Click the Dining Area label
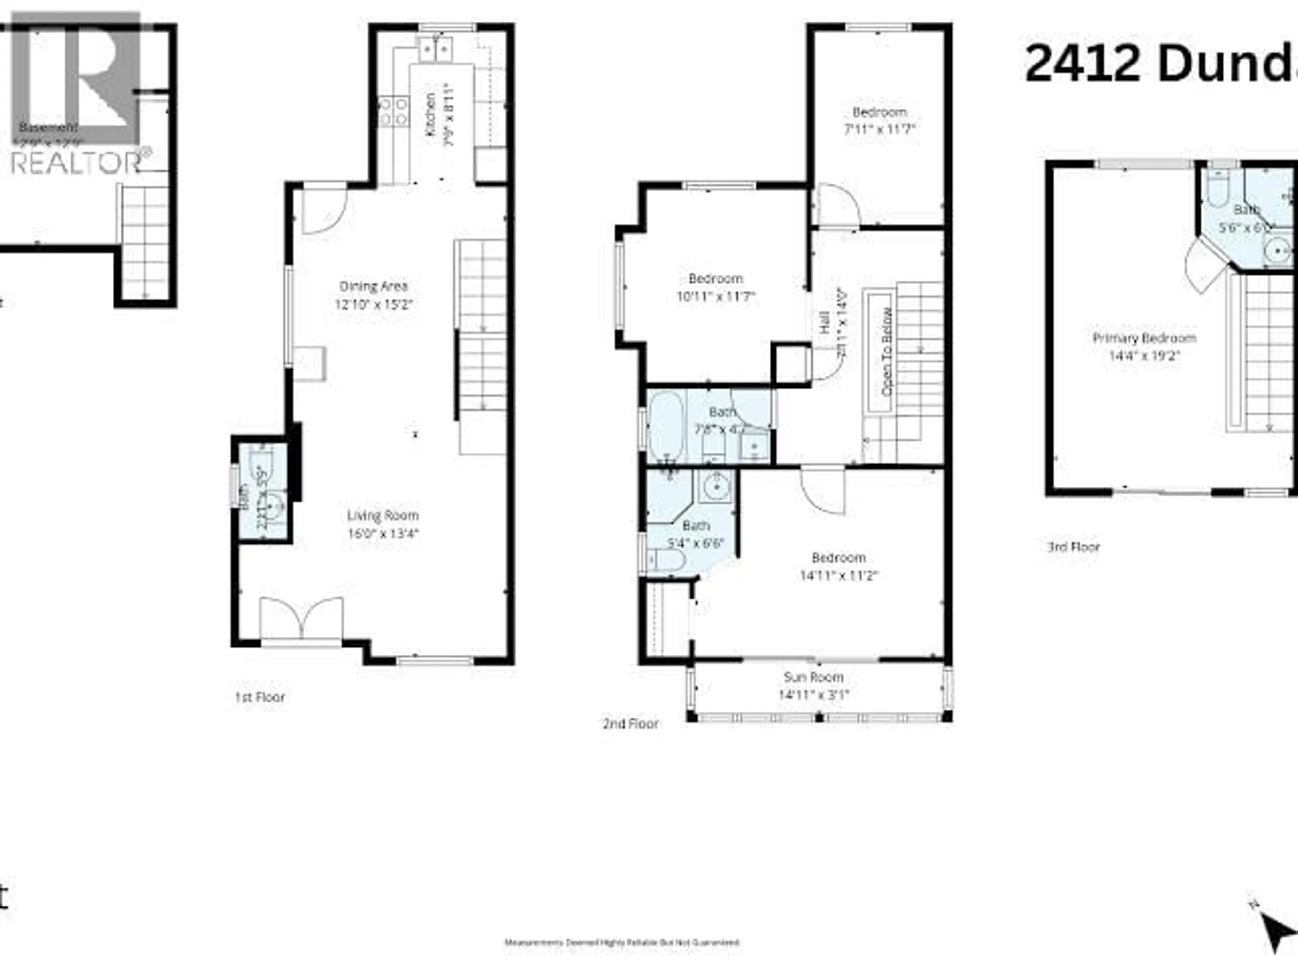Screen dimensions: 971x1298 [x=374, y=286]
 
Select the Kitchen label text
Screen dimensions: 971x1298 [x=430, y=114]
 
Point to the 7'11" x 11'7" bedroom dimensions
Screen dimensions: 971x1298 [x=879, y=129]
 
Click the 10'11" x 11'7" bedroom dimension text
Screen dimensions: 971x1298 [x=715, y=297]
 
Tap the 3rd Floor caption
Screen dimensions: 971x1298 [x=1073, y=547]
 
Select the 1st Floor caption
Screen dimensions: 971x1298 [x=259, y=697]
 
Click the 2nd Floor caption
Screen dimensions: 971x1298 [x=631, y=724]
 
